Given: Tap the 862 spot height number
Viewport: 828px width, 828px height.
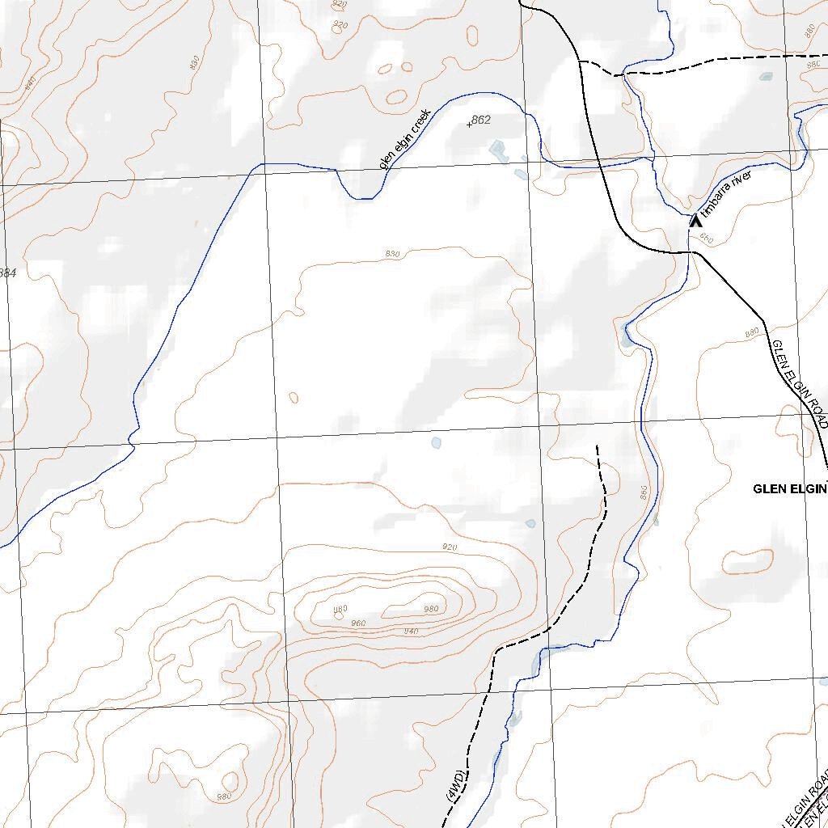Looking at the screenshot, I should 480,120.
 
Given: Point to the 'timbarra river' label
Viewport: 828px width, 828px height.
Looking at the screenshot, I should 727,195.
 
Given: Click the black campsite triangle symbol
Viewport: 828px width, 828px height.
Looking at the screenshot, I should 695,219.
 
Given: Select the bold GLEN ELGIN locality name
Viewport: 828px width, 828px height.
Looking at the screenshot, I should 789,488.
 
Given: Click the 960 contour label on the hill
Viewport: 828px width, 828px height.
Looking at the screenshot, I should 359,623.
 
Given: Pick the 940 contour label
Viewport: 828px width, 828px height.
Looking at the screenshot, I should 411,631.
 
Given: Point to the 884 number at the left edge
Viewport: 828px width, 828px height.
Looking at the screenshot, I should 7,273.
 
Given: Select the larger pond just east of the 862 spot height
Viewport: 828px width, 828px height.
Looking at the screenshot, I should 499,149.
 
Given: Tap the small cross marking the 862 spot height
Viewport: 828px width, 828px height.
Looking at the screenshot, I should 470,125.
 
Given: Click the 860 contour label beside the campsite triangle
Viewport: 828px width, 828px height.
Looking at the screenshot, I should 707,238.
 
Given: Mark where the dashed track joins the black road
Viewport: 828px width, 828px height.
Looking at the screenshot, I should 581,63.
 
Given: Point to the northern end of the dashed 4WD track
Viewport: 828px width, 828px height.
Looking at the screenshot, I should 598,446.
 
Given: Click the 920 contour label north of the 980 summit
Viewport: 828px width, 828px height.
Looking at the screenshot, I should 450,547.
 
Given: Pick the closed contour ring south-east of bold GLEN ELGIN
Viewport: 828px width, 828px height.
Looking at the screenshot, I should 748,561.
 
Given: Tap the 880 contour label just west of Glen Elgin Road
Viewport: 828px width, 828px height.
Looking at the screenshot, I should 752,332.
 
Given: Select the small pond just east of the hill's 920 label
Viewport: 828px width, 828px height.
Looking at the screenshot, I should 530,523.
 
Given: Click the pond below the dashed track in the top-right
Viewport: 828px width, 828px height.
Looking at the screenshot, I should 765,78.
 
